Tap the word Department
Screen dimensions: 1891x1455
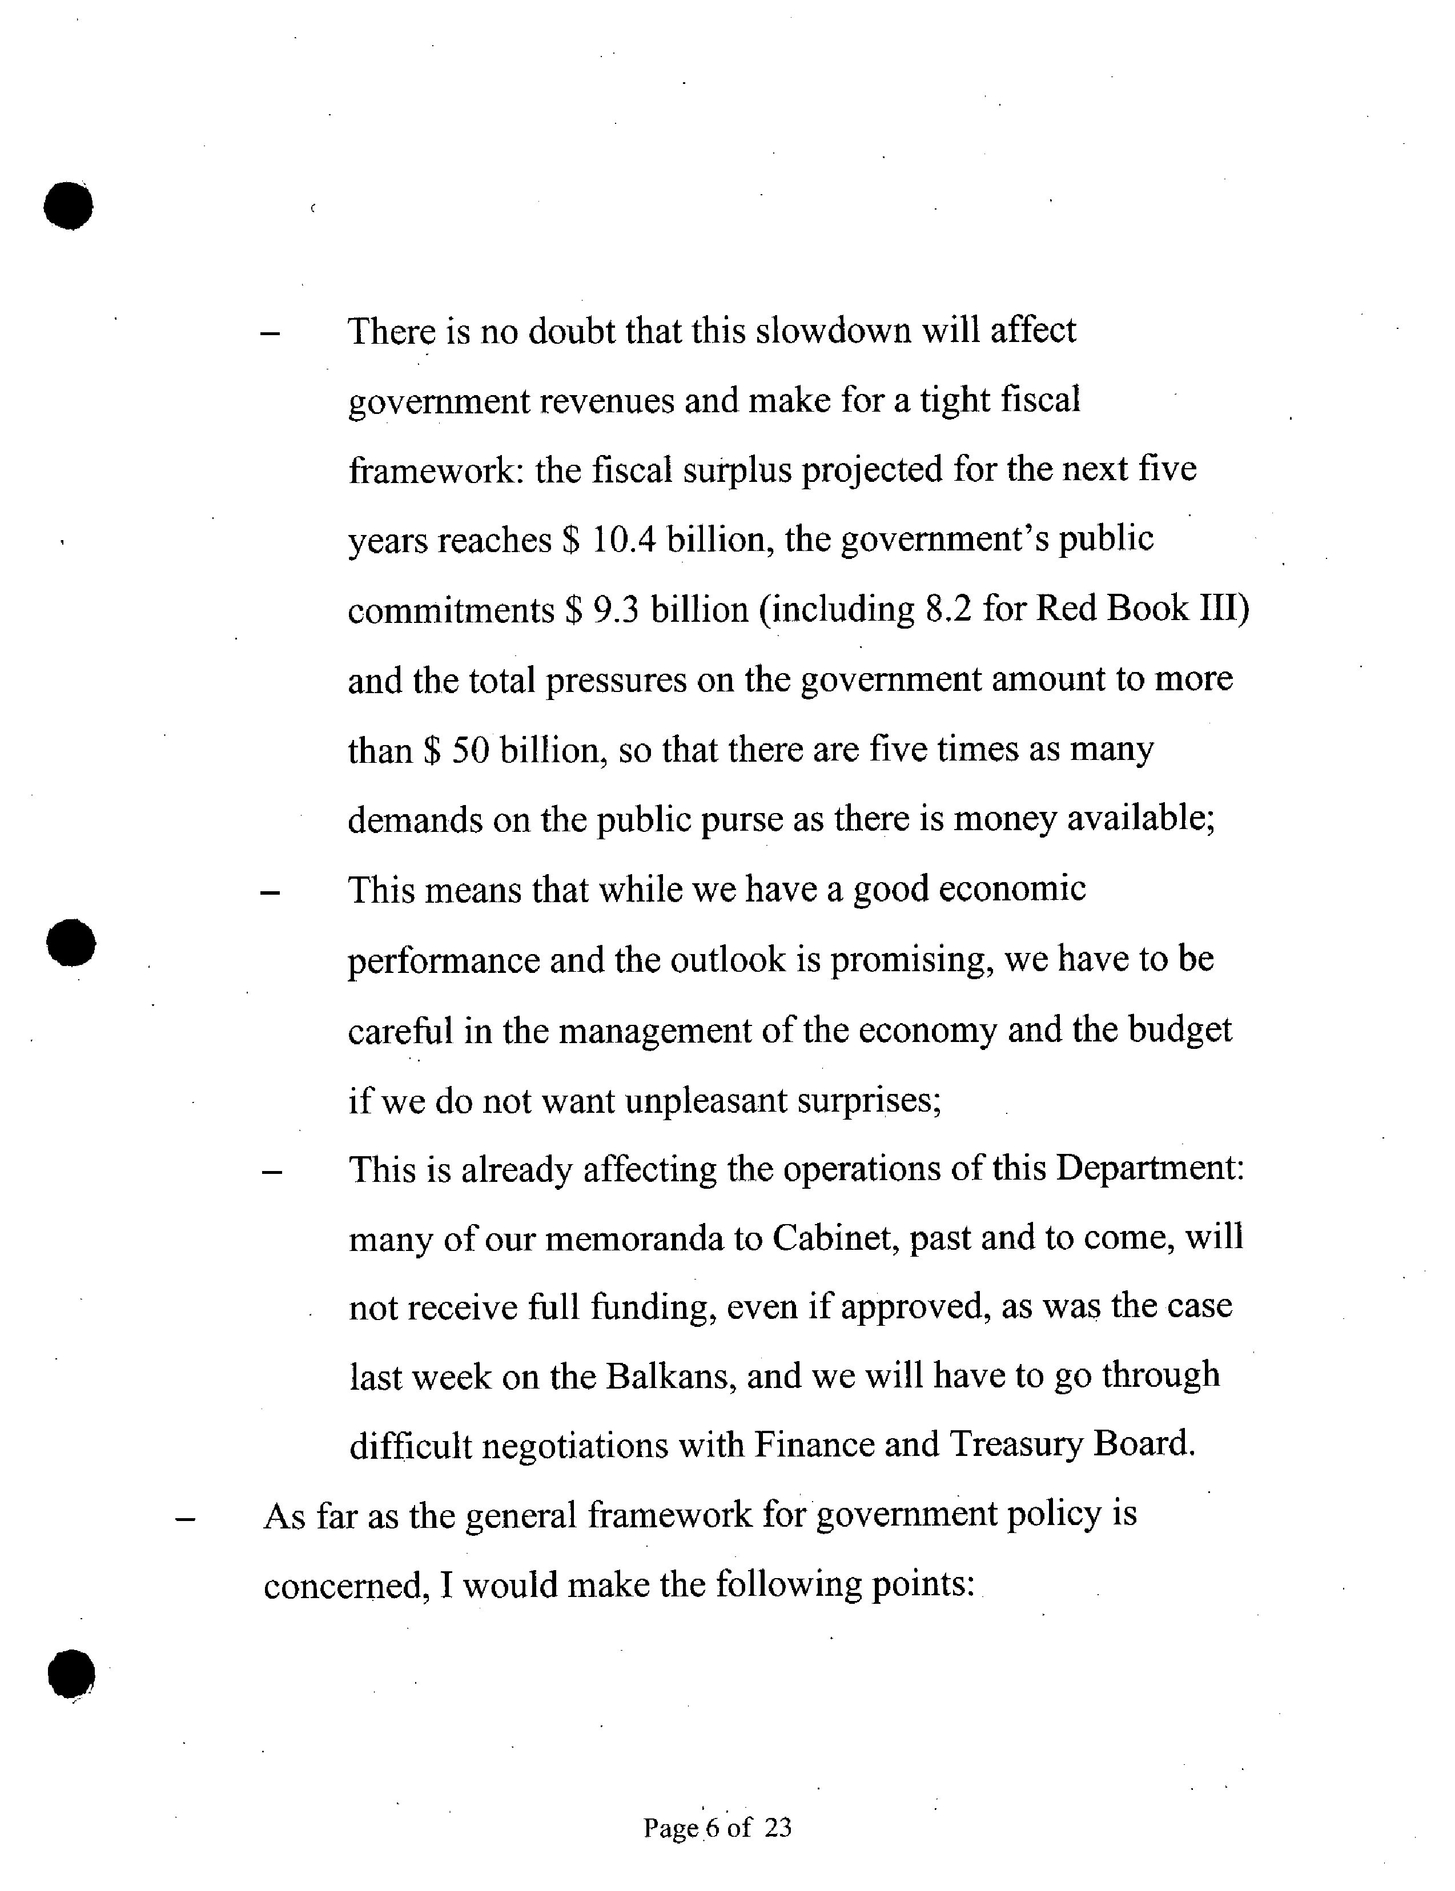(1148, 1169)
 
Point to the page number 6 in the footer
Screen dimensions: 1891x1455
(713, 1828)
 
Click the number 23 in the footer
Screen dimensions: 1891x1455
(778, 1828)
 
